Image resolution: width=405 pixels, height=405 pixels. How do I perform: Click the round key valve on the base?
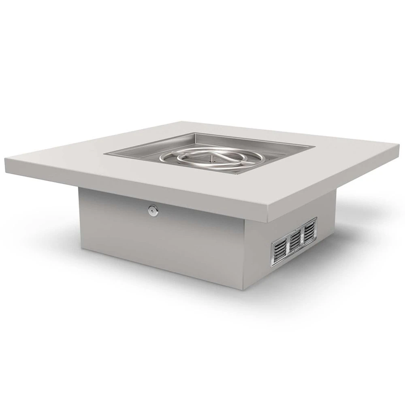click(153, 210)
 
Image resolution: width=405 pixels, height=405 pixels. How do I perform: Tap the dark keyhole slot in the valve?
click(153, 210)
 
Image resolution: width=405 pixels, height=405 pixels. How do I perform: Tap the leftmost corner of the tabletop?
click(5, 161)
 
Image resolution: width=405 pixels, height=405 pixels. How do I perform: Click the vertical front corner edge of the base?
click(244, 255)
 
